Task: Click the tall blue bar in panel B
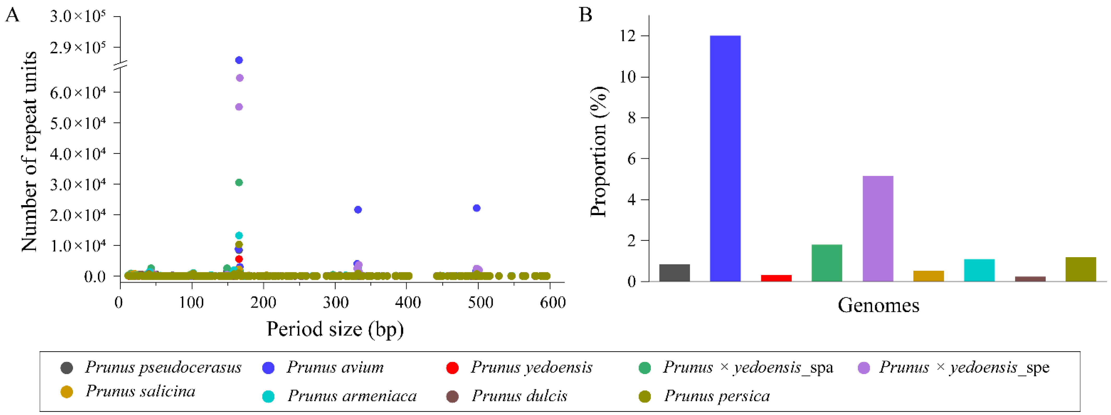click(x=725, y=158)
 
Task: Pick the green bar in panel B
click(x=827, y=263)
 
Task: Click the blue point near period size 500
click(x=477, y=208)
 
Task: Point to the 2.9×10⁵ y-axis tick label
click(x=78, y=48)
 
